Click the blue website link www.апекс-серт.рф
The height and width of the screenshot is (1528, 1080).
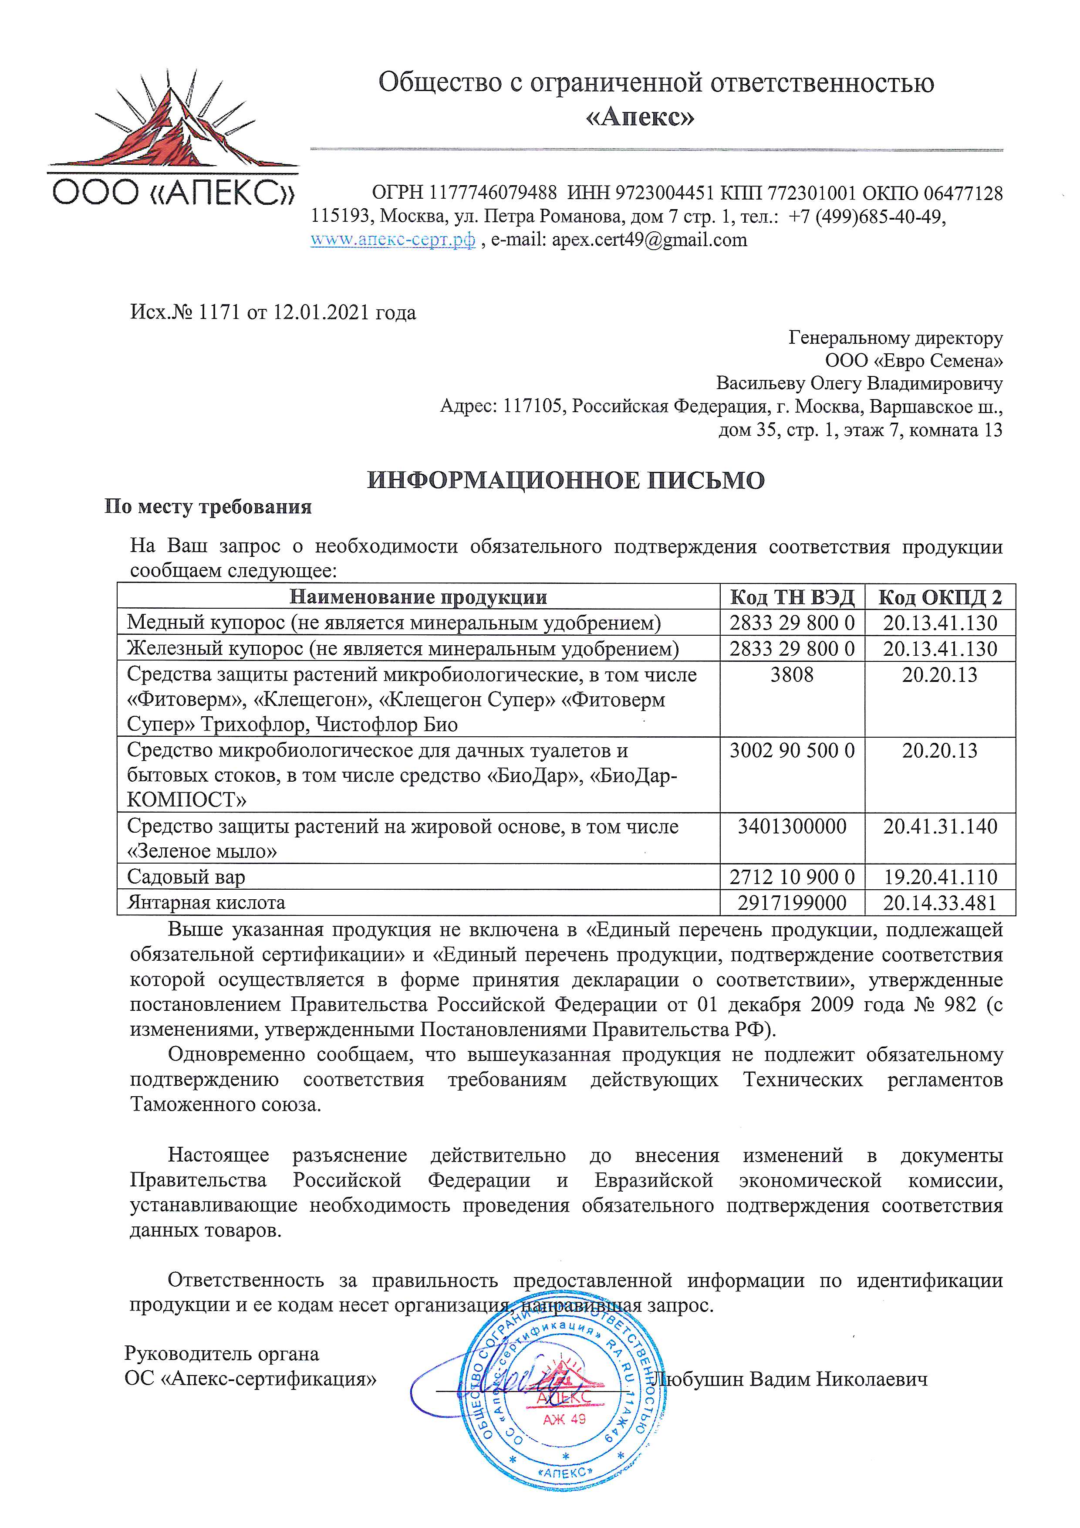[x=392, y=240]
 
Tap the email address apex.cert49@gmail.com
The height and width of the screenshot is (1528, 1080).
[x=649, y=240]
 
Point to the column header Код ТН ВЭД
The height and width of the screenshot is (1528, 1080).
[x=791, y=597]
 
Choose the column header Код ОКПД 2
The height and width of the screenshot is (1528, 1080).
[x=940, y=597]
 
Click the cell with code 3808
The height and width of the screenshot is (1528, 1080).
[x=791, y=675]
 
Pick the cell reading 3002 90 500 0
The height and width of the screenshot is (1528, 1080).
[x=791, y=751]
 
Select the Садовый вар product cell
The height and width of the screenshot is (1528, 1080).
[x=186, y=877]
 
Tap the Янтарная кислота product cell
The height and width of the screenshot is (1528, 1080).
[x=206, y=902]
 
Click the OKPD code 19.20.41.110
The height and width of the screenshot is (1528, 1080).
[x=940, y=877]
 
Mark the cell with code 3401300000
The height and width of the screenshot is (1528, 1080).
[x=791, y=827]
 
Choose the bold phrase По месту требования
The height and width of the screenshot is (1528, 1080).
[x=208, y=507]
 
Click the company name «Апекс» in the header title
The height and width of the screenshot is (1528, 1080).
[x=639, y=118]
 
